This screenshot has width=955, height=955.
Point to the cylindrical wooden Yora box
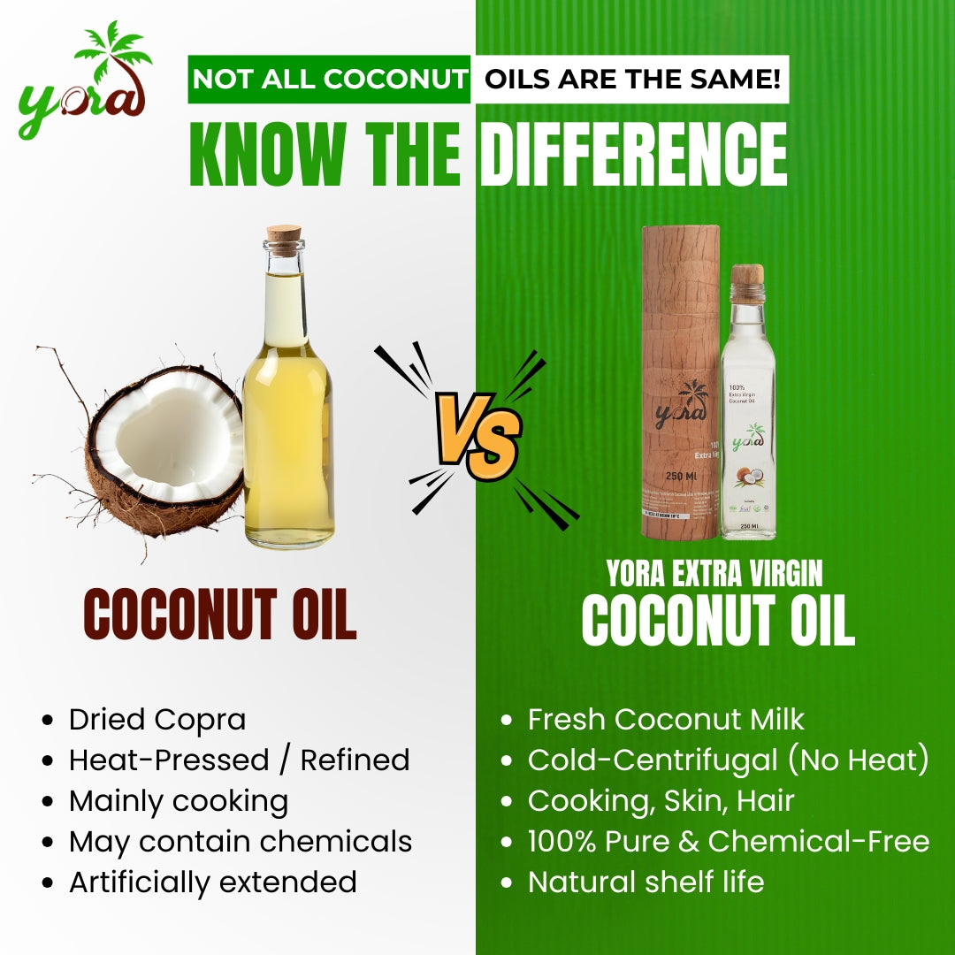[x=680, y=380]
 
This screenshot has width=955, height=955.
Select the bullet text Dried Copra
[x=157, y=720]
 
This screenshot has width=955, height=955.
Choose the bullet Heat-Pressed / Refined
[x=239, y=760]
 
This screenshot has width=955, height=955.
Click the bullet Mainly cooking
[x=179, y=801]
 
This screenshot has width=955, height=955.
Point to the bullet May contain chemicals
[x=241, y=842]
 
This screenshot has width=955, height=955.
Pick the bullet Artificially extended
[x=212, y=882]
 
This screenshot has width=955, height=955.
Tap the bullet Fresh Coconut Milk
[x=666, y=720]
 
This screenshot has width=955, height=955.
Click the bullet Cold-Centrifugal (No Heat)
[x=728, y=760]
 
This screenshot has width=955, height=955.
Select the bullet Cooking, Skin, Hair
[x=661, y=801]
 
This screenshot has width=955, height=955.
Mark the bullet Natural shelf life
[x=646, y=882]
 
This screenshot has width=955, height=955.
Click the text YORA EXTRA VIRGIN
[x=714, y=575]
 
